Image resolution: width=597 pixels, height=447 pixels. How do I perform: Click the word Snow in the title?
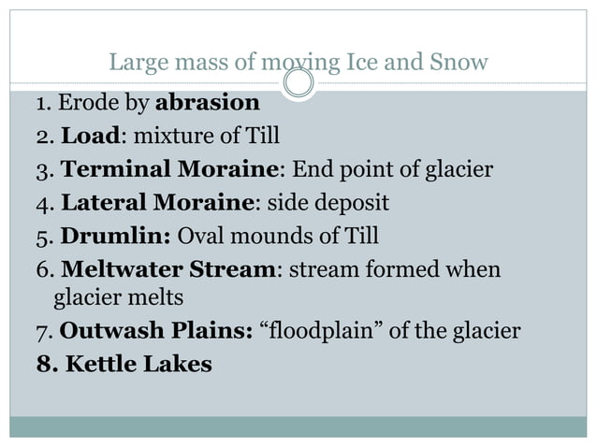coord(460,64)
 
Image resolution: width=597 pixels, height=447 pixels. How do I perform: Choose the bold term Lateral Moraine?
coord(159,202)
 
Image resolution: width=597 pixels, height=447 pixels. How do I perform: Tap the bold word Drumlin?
coord(116,235)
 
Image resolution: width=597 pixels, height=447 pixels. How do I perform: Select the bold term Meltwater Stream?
coord(169,269)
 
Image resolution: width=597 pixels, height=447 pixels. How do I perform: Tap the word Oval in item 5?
coord(200,235)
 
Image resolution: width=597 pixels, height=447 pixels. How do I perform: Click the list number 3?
coord(42,170)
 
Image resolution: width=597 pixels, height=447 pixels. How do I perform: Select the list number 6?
coord(43,269)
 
